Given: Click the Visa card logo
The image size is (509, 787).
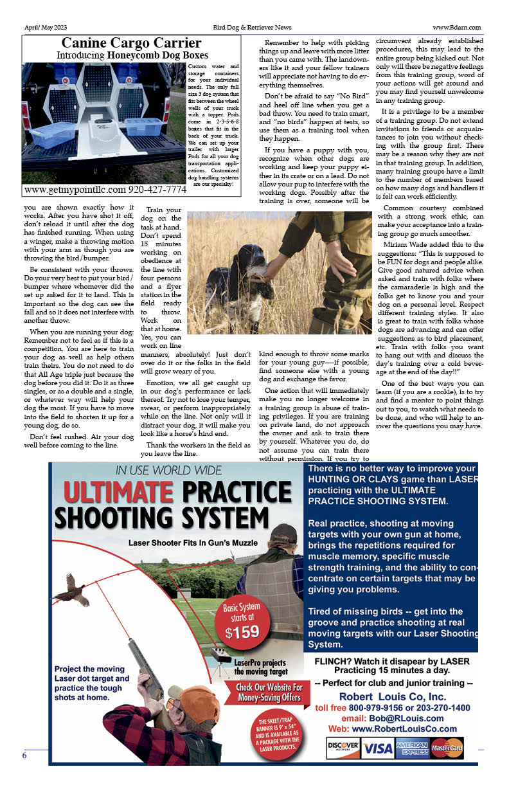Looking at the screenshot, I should point(377,748).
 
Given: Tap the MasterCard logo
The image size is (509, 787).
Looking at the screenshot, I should point(447,748).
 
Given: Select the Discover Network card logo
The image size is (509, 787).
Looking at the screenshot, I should point(343,748).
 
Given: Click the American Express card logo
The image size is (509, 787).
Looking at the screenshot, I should point(412,748).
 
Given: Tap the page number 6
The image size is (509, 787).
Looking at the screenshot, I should point(24,755).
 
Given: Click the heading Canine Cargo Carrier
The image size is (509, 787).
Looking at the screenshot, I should point(131,44).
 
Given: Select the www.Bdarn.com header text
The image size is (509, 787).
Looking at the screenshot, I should point(457,28).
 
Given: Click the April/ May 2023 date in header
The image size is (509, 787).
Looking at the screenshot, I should point(46,28).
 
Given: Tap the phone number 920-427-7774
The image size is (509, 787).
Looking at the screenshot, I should point(148,190).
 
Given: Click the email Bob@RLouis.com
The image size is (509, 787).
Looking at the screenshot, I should point(392,718).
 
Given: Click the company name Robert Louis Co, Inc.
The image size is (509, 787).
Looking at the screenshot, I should point(392,697).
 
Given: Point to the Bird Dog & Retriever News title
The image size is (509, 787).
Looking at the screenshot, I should point(252,28).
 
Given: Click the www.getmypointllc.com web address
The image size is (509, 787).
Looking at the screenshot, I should point(75,190).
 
